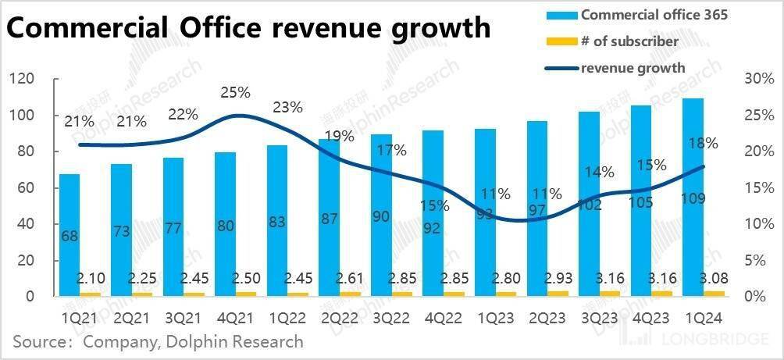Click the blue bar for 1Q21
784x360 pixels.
(x=69, y=234)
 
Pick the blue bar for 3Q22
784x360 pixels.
(x=381, y=219)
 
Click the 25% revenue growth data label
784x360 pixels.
(x=235, y=93)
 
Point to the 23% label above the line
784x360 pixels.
(x=287, y=108)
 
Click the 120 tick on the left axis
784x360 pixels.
(x=21, y=79)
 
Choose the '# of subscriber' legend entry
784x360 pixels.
(x=629, y=41)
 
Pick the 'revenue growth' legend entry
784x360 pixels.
(x=633, y=67)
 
